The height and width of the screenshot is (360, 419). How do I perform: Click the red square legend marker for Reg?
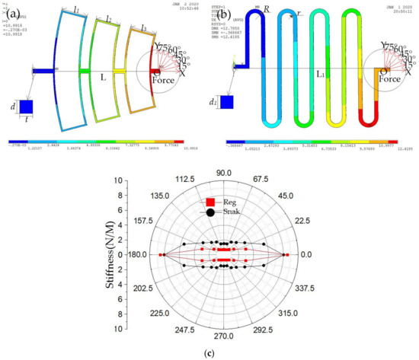pyautogui.click(x=209, y=202)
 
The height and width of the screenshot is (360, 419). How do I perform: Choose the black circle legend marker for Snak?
pyautogui.click(x=209, y=212)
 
